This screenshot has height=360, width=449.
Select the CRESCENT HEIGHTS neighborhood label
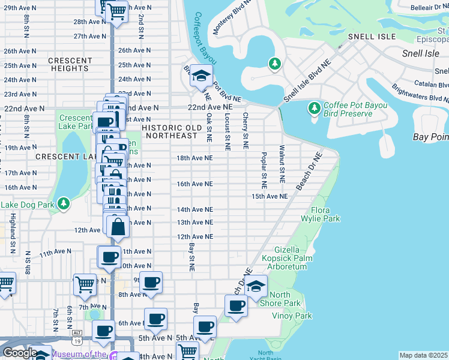pos(70,65)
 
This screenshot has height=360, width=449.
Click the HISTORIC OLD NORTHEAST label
pos(170,131)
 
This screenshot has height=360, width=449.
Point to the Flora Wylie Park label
pos(325,215)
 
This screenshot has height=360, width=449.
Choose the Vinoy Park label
pos(291,316)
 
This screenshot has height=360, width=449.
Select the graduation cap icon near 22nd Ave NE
pos(202,76)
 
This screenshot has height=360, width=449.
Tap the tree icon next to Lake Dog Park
pos(64,204)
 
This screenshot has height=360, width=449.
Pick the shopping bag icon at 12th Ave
pos(118,226)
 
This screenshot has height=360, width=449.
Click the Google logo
pos(19,353)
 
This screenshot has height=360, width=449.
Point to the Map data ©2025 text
pos(424,355)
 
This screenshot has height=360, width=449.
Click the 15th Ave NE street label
pos(270,196)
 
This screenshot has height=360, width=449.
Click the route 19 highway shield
pos(77,341)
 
